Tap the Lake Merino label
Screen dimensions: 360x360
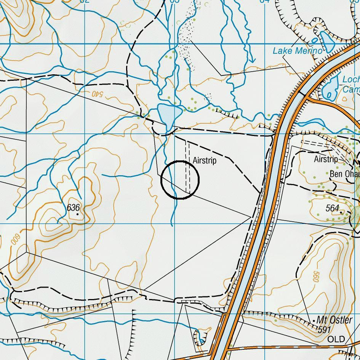pos(298,51)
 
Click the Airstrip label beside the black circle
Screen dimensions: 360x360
pos(205,161)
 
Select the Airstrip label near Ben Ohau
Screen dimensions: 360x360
pos(326,159)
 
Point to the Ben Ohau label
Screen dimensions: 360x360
pos(344,174)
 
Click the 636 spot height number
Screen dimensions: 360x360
pos(73,208)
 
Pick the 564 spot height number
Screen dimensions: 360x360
pos(332,208)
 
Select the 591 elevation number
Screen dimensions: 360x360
pos(324,330)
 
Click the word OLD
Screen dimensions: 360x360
pos(336,339)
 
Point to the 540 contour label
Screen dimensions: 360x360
pos(98,93)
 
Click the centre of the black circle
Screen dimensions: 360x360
pos(180,180)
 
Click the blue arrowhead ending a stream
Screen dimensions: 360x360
pos(251,60)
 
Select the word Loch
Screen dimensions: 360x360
pos(351,79)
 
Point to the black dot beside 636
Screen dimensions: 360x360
pos(78,214)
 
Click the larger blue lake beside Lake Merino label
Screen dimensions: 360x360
pos(327,41)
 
